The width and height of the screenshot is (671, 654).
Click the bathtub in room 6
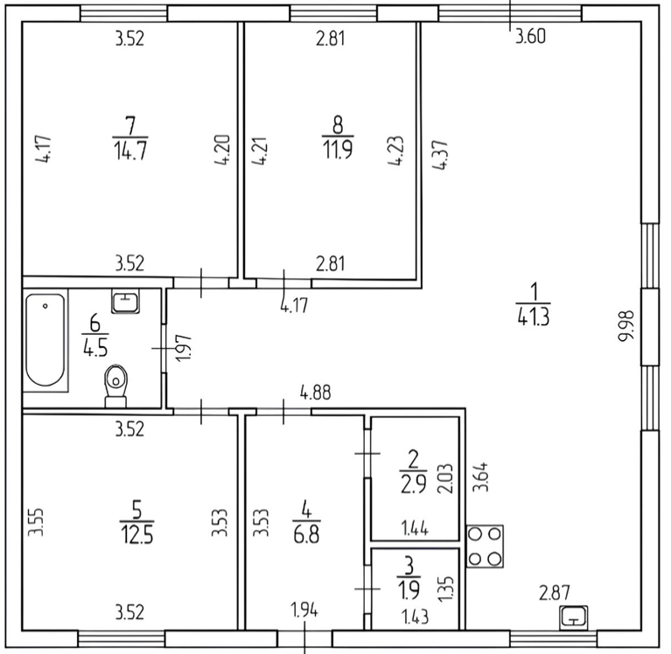click(x=45, y=343)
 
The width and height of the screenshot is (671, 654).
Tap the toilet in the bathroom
click(x=115, y=386)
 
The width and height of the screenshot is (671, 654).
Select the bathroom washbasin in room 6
click(x=125, y=302)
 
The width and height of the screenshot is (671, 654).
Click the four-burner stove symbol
click(x=485, y=546)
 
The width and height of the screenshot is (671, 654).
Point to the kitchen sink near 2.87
click(x=573, y=616)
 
